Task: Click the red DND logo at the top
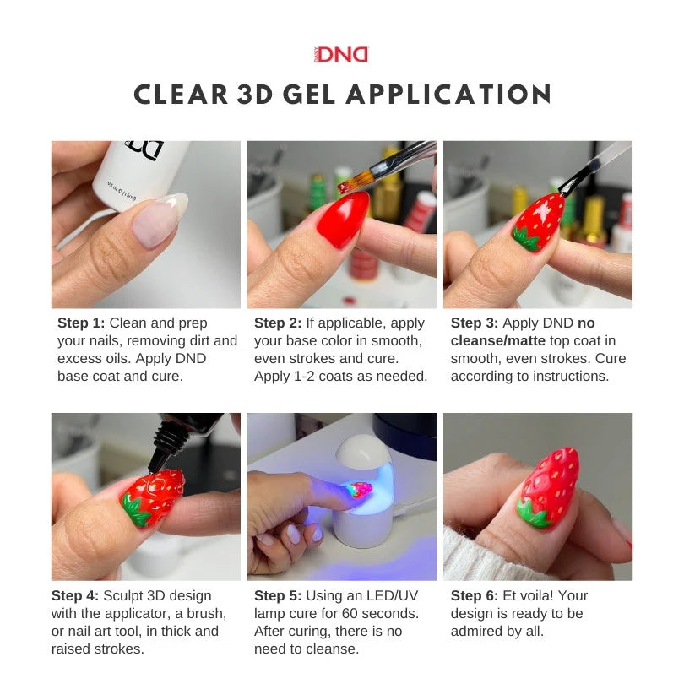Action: tap(341, 55)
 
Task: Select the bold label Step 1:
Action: tap(81, 323)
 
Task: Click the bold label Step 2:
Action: tap(278, 323)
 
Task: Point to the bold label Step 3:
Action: tap(475, 323)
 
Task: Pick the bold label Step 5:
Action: tap(278, 596)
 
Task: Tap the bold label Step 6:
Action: tap(475, 596)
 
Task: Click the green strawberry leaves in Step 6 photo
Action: tap(534, 513)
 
